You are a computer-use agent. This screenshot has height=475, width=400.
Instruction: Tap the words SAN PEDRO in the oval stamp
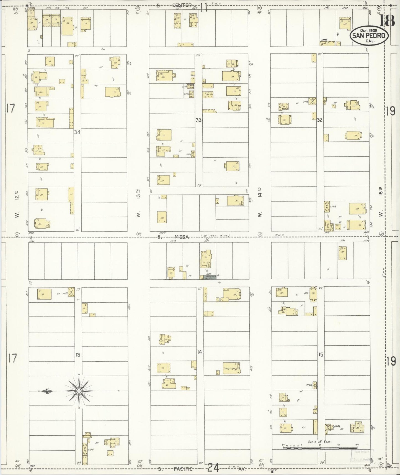point(369,35)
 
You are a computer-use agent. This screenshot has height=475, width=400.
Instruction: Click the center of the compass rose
point(79,391)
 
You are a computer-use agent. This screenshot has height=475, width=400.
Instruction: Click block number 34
point(77,132)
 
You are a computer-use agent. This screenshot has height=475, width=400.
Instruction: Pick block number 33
point(198,120)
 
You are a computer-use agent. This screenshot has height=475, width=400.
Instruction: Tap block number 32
point(320,120)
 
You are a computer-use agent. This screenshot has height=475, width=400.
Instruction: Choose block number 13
point(78,354)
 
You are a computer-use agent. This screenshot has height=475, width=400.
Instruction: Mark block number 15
point(321,354)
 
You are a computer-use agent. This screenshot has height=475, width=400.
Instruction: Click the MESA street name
point(182,237)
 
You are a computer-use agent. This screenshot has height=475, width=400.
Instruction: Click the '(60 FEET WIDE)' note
point(215,236)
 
